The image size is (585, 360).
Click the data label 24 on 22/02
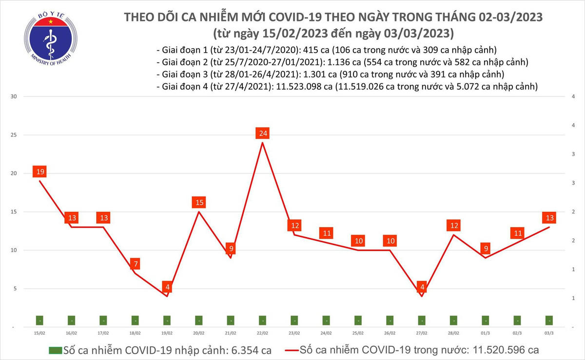coord(262,133)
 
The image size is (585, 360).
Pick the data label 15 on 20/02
coord(198,202)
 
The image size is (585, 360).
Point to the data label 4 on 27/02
coord(422,287)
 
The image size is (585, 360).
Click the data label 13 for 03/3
coord(549,218)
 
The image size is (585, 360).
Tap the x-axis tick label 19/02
coord(167,333)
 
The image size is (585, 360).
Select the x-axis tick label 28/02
coord(453,333)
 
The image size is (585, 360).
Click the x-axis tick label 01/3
coord(485,333)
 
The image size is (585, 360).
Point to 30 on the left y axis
coord(14,96)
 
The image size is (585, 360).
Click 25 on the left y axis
coord(14,135)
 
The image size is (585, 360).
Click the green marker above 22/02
coord(262,321)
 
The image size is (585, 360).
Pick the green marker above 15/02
coord(39,321)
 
